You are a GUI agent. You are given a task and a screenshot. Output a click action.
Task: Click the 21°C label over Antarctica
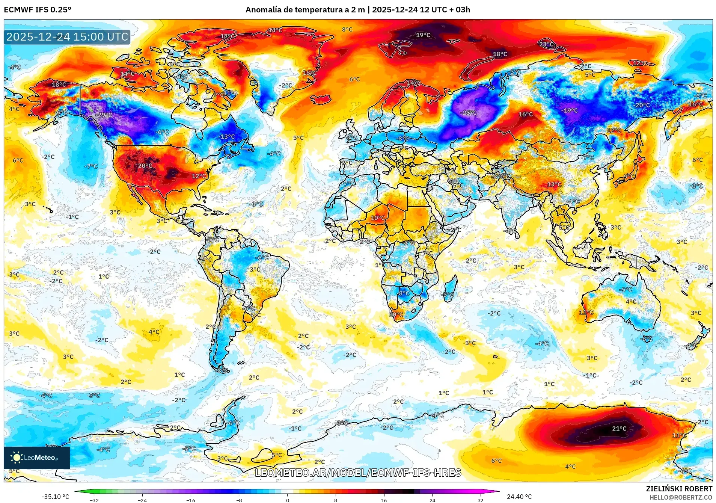point(619,428)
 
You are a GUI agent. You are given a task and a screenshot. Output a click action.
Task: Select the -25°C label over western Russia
point(469,113)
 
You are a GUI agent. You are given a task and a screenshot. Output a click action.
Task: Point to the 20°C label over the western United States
point(145,166)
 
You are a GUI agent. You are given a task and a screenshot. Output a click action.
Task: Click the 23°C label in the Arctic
point(546,44)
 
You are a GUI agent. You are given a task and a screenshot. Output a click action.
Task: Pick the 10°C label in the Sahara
point(378,218)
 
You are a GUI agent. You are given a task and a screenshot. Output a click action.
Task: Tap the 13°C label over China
point(554,184)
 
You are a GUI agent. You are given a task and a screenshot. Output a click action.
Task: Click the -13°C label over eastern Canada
point(227,137)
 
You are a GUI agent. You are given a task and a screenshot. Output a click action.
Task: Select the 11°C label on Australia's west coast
point(586,312)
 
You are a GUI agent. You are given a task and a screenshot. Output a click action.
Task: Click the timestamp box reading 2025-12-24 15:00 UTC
point(67,37)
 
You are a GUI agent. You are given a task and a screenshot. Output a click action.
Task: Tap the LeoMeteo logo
point(36,458)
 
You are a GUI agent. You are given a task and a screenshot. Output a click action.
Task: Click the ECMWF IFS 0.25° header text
point(38,10)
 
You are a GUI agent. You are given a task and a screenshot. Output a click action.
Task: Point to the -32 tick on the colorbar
point(94,500)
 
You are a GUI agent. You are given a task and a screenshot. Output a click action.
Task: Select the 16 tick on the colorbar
point(384,500)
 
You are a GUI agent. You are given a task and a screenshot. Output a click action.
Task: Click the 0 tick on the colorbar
point(287,500)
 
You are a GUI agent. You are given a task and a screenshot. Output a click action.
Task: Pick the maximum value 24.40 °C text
point(519,497)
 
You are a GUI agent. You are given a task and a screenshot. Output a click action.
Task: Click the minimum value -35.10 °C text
point(55,497)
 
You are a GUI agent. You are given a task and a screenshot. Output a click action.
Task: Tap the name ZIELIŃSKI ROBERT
point(679,489)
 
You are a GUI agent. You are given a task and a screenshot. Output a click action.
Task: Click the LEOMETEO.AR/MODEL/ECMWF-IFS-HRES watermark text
point(358,473)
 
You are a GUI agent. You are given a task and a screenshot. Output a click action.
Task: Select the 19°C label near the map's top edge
point(423,35)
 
